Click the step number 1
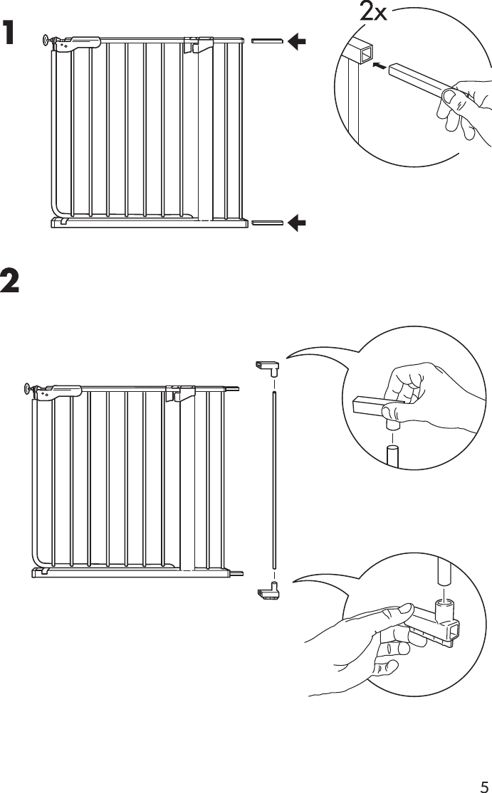click(x=9, y=33)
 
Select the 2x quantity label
click(x=373, y=12)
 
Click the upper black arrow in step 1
click(x=297, y=42)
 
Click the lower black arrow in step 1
click(x=297, y=223)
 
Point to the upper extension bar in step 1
click(x=267, y=42)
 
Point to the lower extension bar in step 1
click(x=267, y=223)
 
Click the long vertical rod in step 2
click(x=274, y=477)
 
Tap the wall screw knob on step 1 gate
click(x=48, y=40)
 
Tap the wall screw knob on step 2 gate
click(x=28, y=388)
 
